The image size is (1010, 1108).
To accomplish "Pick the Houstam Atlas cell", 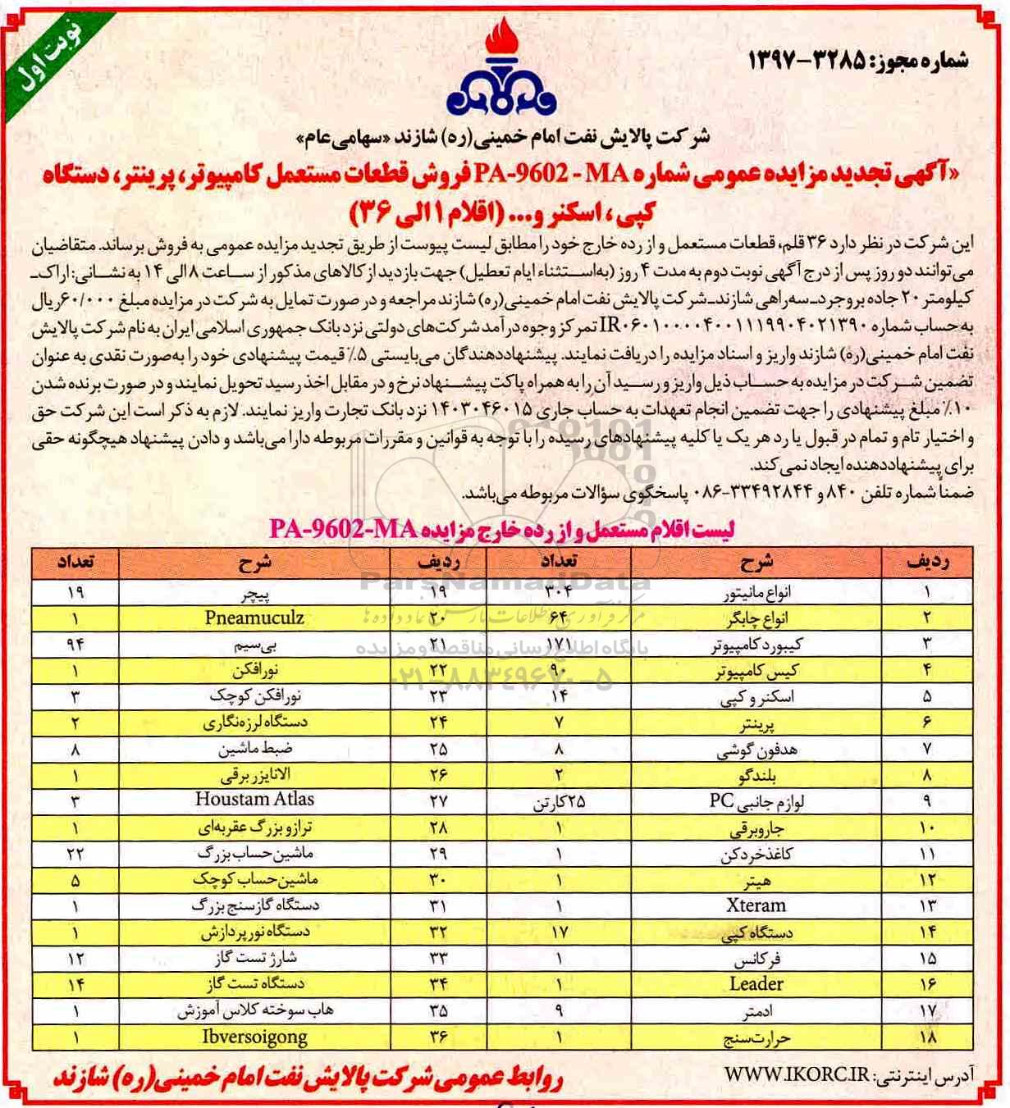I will [254, 800].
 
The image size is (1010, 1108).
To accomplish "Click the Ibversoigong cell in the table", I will [254, 1037].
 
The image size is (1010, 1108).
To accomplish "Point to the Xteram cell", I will [756, 906].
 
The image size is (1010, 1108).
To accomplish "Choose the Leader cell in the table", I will [756, 984].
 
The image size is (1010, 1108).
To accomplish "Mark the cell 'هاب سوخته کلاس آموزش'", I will [255, 1011].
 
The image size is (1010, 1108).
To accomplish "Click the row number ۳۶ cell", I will [437, 1037].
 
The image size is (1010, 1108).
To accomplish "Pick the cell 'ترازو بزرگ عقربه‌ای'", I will [255, 828].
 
